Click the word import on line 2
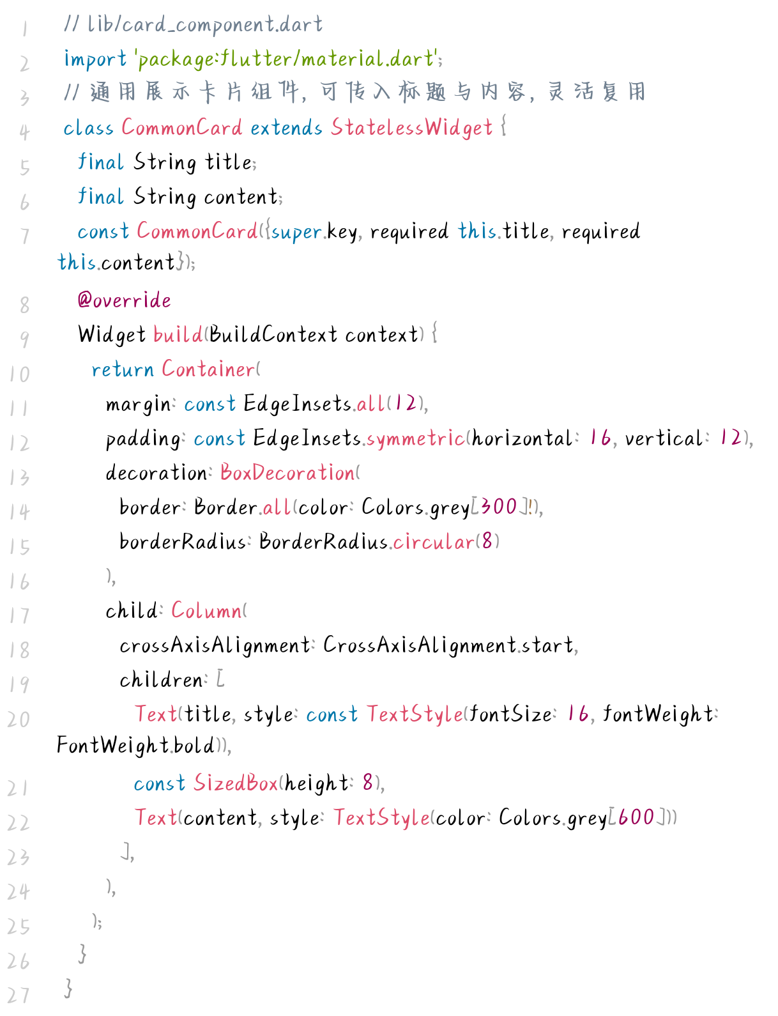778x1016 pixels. tap(95, 59)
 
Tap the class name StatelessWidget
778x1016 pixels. tap(411, 128)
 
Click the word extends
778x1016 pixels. tap(286, 128)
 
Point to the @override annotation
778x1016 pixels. tap(124, 300)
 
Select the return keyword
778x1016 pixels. tap(123, 369)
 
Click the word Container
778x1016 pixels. tap(208, 369)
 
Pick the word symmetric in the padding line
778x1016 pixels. tap(415, 438)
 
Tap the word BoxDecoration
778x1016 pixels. tap(287, 473)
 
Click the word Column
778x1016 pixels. tap(206, 611)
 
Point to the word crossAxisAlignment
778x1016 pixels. tap(215, 645)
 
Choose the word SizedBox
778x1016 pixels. tap(236, 783)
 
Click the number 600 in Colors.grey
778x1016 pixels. tap(636, 818)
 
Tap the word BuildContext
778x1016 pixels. tap(273, 335)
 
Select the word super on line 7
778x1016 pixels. tap(296, 231)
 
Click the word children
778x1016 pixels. tap(161, 680)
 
